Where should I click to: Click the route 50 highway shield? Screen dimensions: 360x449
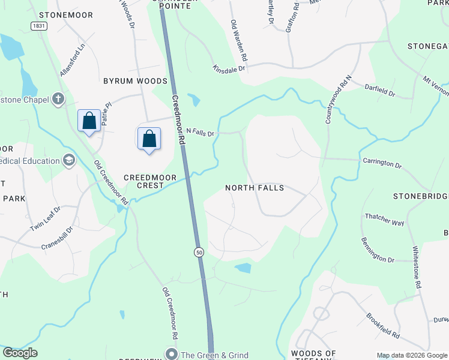click(x=199, y=253)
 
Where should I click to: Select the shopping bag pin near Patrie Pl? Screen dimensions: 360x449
click(x=89, y=121)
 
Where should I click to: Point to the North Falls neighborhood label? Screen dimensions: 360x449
click(x=254, y=188)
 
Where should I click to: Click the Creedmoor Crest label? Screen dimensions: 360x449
click(x=143, y=181)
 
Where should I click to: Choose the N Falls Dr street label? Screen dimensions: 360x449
click(x=200, y=131)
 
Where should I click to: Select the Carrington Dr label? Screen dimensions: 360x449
click(x=382, y=162)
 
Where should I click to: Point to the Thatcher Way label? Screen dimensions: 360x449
click(x=385, y=219)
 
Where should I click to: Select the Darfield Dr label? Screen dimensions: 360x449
click(x=380, y=90)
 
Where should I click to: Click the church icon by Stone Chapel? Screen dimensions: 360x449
click(x=58, y=99)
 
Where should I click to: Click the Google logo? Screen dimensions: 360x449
click(x=20, y=353)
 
